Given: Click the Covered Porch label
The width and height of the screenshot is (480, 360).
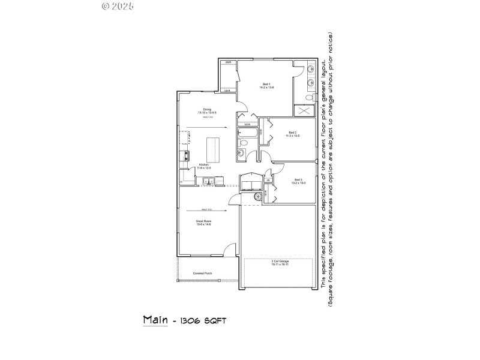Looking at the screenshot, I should pyautogui.click(x=202, y=274).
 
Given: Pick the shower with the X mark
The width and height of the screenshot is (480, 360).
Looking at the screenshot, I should pyautogui.click(x=304, y=111).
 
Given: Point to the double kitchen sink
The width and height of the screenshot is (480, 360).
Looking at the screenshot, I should pyautogui.click(x=208, y=181).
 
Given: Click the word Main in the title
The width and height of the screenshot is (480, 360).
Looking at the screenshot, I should pyautogui.click(x=154, y=319).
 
